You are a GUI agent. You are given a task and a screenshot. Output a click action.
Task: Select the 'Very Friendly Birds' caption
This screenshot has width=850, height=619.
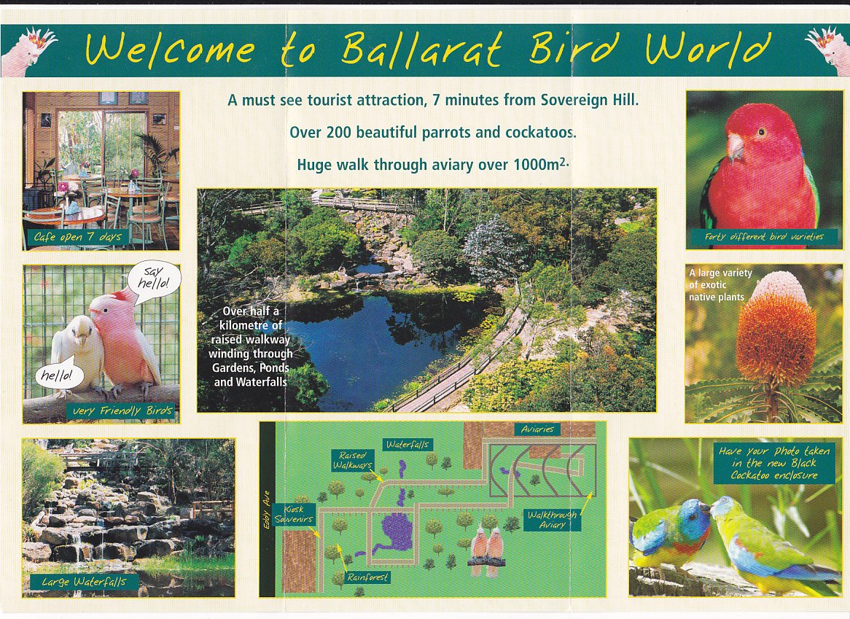click(122, 411)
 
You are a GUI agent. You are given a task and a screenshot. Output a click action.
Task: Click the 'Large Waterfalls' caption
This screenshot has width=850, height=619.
click(84, 582)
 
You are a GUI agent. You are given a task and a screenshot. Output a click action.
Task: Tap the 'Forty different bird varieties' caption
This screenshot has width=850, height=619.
click(763, 236)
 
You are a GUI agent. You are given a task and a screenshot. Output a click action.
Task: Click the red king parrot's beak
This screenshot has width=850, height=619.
click(735, 147)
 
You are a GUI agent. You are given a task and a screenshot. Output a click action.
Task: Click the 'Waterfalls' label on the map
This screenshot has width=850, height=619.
click(408, 444)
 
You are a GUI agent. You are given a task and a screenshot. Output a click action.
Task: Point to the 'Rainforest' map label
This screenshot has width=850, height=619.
click(368, 577)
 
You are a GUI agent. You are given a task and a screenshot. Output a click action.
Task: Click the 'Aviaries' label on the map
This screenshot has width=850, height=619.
click(538, 430)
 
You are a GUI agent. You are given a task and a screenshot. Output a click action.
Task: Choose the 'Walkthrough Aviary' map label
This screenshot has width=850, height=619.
click(553, 520)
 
